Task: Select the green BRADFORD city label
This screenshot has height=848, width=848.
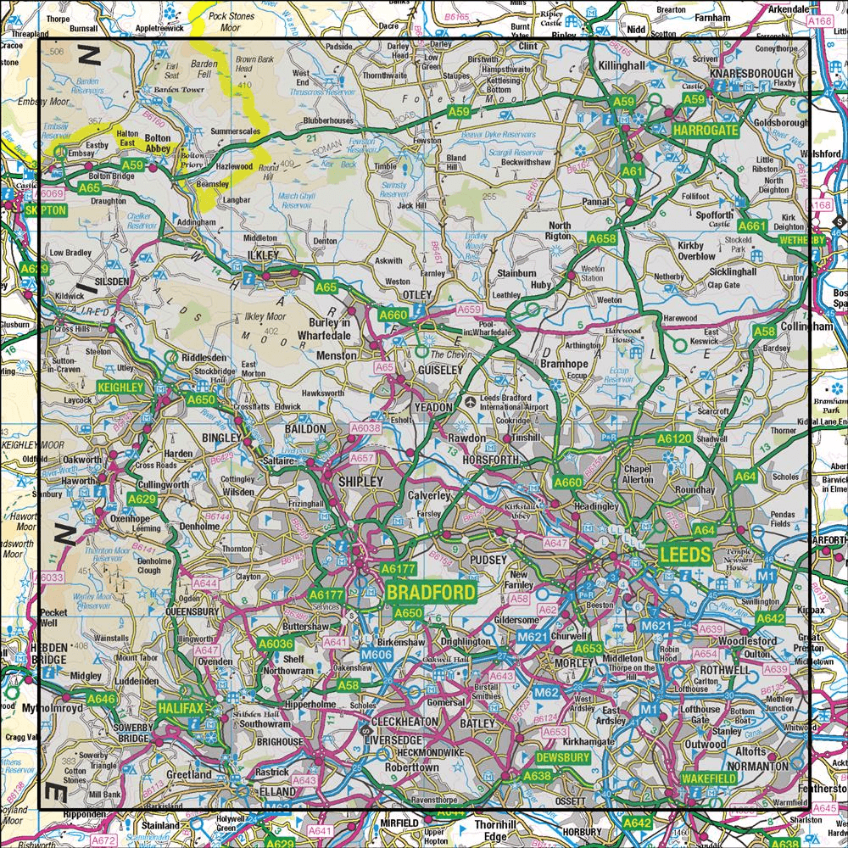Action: tap(431, 591)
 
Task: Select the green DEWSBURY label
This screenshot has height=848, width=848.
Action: tap(562, 756)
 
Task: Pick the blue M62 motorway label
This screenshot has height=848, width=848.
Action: tap(546, 694)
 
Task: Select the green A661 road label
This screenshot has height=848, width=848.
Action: tap(752, 226)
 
